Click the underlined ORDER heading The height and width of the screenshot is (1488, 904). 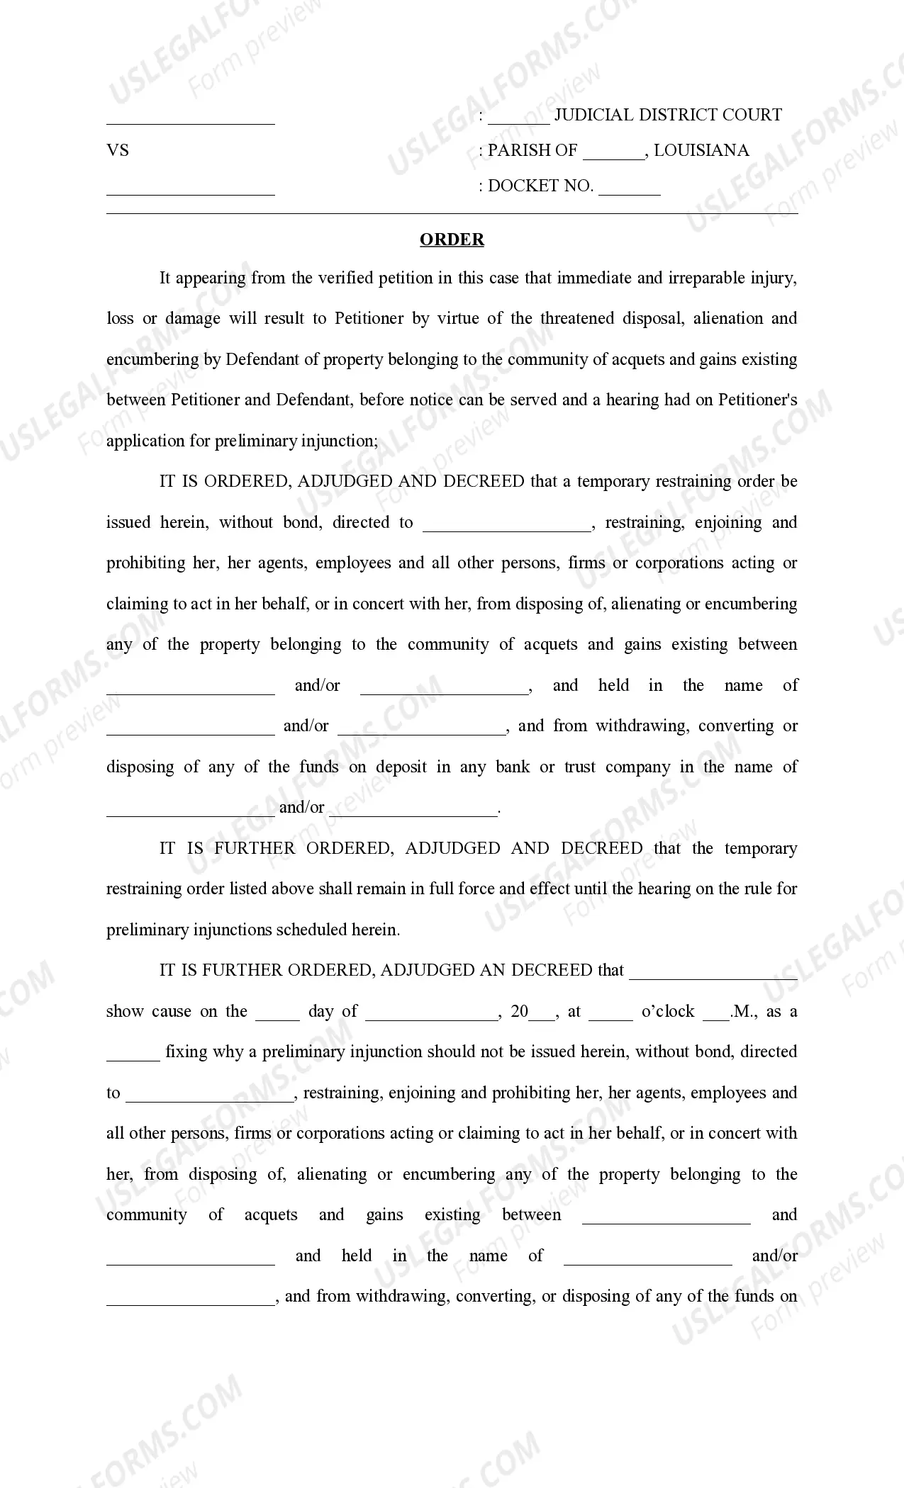tap(452, 239)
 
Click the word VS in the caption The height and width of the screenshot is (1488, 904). tap(118, 150)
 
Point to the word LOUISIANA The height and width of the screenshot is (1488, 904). tap(701, 150)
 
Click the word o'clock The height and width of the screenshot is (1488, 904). tap(668, 1011)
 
